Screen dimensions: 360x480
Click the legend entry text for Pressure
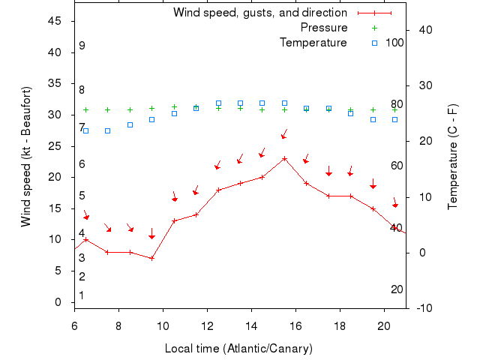[x=324, y=28]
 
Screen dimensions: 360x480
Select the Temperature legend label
[x=313, y=43]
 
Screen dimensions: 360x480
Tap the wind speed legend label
[x=259, y=13]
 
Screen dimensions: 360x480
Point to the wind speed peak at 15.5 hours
[x=284, y=158]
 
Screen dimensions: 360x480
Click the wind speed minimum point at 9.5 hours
[x=151, y=258]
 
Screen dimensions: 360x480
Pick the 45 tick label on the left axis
[x=55, y=21]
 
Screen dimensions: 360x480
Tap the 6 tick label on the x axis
[x=74, y=326]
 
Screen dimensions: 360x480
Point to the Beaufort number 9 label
[x=82, y=46]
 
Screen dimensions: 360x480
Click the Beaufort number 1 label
[x=82, y=295]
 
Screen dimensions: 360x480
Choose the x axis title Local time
[x=238, y=349]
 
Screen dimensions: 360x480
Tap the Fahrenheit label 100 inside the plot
[x=394, y=43]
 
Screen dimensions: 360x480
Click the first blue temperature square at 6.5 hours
[x=85, y=130]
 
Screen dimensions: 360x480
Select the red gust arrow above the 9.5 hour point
[x=151, y=234]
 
